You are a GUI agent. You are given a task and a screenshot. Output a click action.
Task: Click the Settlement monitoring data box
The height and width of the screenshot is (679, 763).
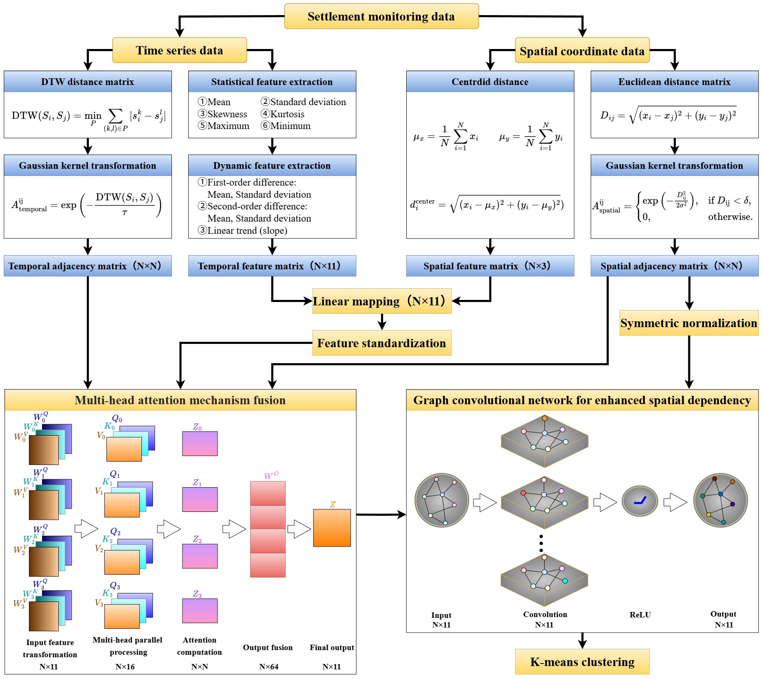click(x=381, y=16)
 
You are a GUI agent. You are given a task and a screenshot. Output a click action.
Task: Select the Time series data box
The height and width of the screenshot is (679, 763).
click(x=179, y=50)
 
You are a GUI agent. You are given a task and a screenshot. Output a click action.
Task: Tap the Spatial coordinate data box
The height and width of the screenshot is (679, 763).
click(x=582, y=51)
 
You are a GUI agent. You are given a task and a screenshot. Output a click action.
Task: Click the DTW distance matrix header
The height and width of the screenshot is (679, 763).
click(x=88, y=82)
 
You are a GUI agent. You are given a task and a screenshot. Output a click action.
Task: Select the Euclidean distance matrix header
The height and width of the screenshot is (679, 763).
click(x=674, y=82)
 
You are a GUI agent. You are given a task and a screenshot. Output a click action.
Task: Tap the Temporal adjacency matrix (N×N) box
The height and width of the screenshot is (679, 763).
click(x=88, y=266)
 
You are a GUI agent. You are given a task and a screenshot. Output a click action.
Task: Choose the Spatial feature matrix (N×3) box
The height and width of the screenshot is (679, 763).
click(x=490, y=266)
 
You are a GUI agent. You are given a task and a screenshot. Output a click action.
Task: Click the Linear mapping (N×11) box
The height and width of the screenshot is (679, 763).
click(x=381, y=301)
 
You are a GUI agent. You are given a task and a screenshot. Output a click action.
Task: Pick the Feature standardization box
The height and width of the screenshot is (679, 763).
click(x=381, y=343)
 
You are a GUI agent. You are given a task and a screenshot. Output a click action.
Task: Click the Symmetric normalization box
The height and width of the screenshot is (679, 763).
click(x=689, y=323)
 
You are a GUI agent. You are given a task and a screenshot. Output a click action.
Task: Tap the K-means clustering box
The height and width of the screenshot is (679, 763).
click(x=582, y=662)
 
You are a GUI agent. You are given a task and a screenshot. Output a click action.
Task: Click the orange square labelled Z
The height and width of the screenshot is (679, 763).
click(x=332, y=528)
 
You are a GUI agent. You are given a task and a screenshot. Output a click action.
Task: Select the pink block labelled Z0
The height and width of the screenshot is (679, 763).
click(x=200, y=444)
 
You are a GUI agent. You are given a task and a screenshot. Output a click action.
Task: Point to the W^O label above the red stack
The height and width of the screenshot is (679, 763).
click(x=271, y=476)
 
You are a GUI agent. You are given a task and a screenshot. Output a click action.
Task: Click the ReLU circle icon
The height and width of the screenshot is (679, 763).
click(x=640, y=501)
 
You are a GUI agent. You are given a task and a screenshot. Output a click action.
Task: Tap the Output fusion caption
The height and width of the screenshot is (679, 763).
click(x=268, y=648)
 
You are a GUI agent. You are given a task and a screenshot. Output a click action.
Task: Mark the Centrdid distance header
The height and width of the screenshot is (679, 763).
click(x=490, y=82)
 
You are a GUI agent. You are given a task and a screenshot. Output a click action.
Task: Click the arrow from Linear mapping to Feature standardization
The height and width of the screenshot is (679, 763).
click(x=381, y=322)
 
